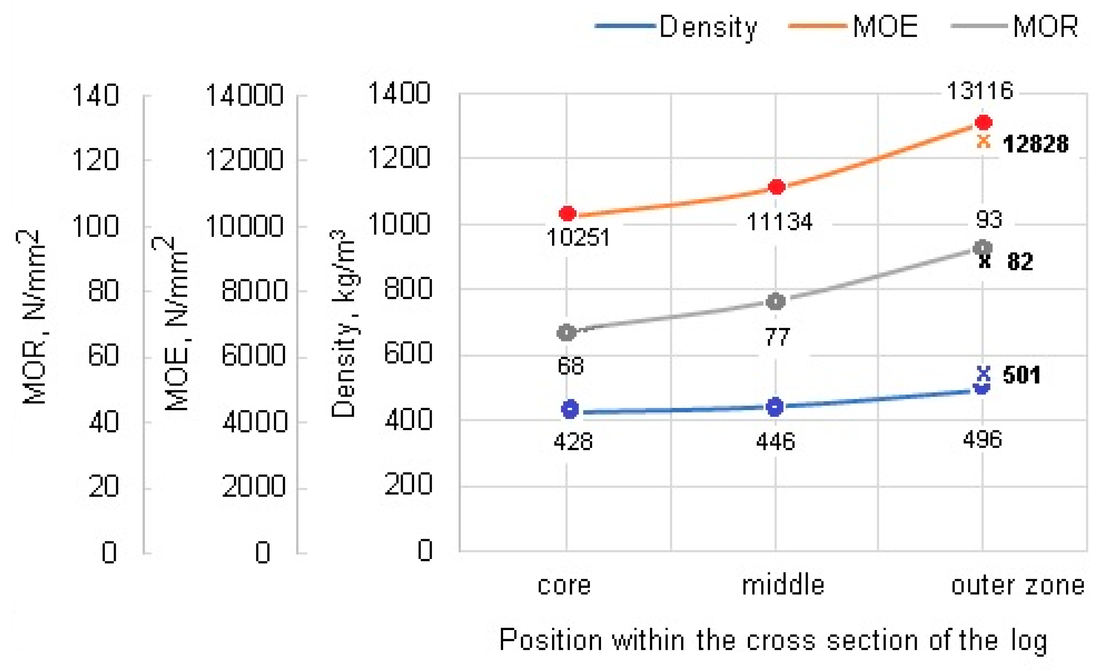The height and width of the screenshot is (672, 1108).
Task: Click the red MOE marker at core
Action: (x=568, y=213)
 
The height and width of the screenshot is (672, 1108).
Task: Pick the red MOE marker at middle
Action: (x=777, y=186)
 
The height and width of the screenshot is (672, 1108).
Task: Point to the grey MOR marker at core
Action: (x=566, y=332)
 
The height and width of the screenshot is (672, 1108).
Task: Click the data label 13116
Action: (x=980, y=91)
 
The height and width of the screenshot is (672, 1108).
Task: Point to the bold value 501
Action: (x=1022, y=375)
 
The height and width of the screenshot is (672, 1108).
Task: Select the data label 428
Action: (x=573, y=442)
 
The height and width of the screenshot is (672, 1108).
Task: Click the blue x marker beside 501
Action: (x=983, y=373)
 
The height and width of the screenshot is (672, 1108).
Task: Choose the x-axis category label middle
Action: (x=783, y=586)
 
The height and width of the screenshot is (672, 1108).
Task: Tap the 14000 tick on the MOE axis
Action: (x=244, y=95)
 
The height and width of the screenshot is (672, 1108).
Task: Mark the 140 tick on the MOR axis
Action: (x=95, y=95)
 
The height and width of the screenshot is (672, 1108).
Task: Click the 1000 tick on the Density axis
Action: (x=399, y=223)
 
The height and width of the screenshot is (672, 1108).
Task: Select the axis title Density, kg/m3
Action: (x=343, y=324)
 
